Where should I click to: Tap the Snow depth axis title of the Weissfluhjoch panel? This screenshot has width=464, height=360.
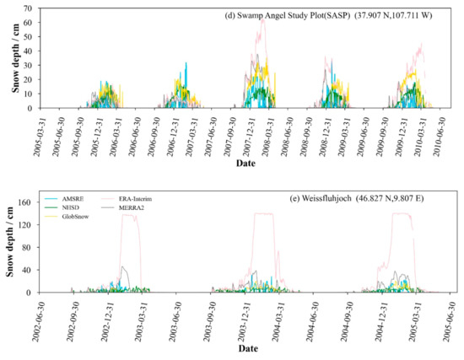point(11,247)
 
